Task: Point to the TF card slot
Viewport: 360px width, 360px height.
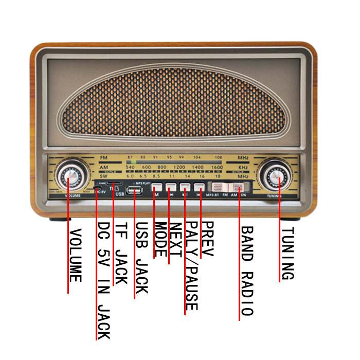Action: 115,183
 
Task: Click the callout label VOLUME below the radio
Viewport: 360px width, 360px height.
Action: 75,255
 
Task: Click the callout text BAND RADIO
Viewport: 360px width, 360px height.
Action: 246,271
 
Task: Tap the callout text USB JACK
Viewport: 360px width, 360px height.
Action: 141,258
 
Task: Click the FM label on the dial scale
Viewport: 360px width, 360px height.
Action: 104,157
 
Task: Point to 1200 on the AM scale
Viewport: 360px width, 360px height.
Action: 179,168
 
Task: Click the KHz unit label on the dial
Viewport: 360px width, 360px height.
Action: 243,168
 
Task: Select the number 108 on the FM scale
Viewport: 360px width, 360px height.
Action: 219,157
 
